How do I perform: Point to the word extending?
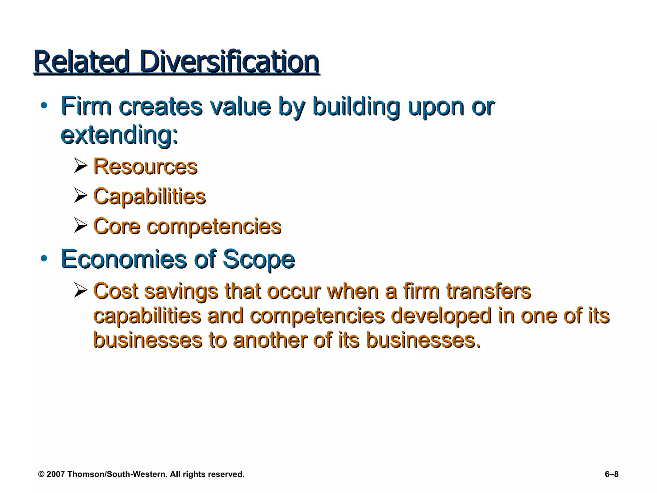119,135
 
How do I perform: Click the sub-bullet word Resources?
145,167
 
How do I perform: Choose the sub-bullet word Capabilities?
149,196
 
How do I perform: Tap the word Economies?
124,259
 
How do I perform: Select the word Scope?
259,259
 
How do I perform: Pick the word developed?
441,316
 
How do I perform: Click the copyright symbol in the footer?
41,474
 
